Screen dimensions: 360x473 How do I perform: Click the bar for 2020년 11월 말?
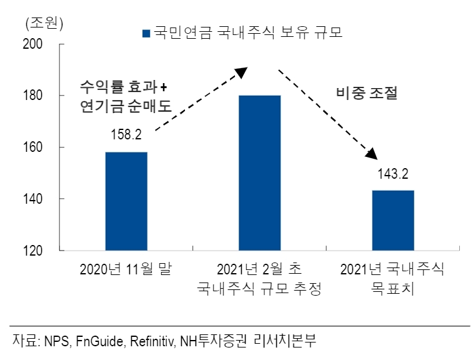click(126, 201)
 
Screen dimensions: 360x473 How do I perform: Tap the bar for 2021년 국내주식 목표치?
click(392, 220)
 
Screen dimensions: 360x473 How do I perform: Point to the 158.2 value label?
click(126, 134)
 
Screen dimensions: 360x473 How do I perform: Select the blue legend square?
click(146, 33)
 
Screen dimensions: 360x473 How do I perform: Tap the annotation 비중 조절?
click(367, 93)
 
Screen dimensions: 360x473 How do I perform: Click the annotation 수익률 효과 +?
click(125, 86)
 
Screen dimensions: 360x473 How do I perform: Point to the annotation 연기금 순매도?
click(125, 106)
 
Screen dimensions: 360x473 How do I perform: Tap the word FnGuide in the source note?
click(103, 341)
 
